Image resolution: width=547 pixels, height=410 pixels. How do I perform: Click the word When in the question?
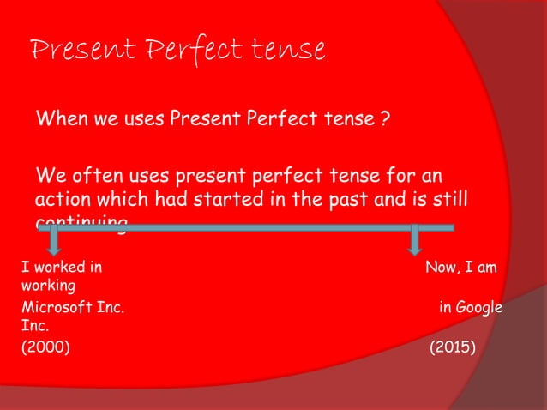pos(59,117)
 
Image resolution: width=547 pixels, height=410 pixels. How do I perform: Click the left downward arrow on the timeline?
pos(53,241)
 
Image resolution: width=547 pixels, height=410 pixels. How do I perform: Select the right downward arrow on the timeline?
pos(416,241)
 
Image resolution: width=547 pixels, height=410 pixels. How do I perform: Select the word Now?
pos(442,268)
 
